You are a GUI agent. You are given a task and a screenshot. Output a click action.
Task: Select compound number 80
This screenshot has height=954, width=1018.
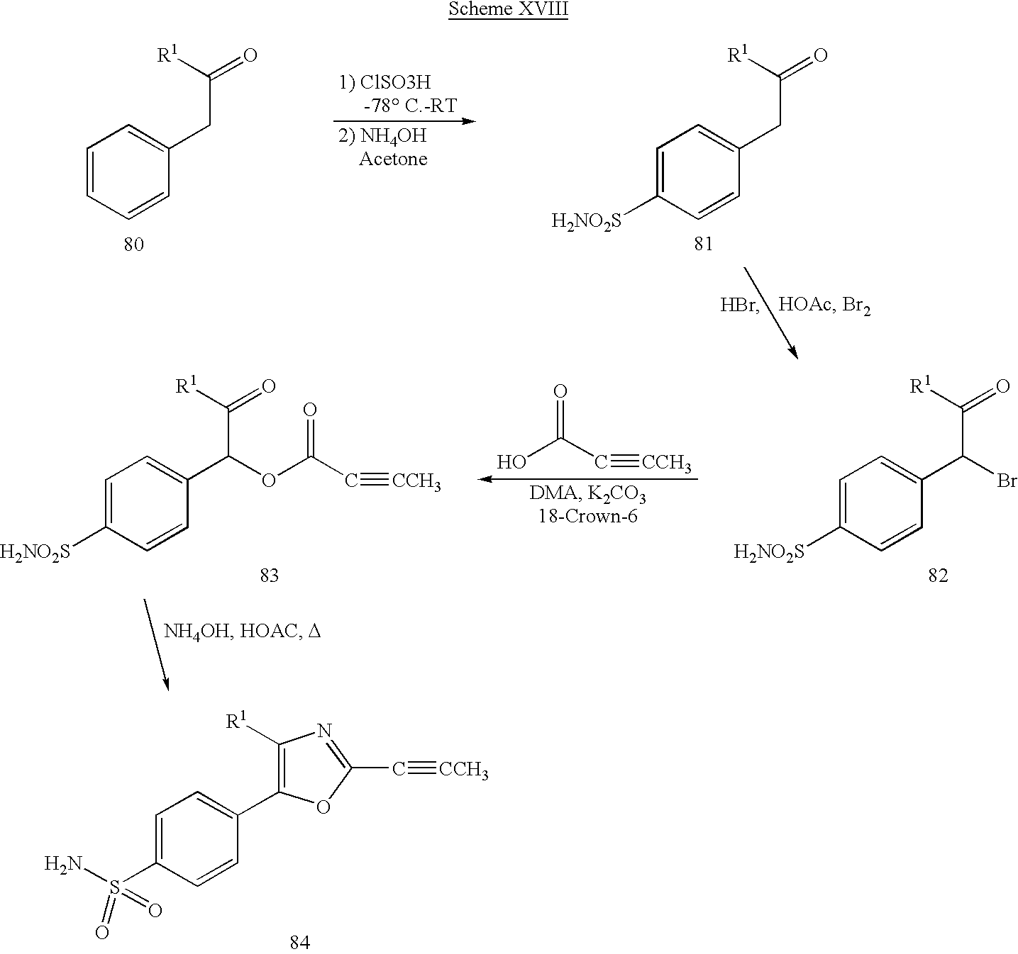(134, 245)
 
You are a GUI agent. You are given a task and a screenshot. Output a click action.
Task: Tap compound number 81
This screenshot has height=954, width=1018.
(704, 244)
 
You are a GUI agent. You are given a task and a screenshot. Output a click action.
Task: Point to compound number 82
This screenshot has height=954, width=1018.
(938, 576)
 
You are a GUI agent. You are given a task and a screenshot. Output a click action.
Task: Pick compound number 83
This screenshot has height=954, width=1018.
(269, 576)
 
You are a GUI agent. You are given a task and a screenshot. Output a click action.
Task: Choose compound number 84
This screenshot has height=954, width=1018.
(300, 942)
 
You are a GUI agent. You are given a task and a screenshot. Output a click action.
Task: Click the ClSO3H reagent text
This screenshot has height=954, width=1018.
(395, 82)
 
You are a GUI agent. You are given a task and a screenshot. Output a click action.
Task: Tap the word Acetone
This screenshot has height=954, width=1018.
(393, 159)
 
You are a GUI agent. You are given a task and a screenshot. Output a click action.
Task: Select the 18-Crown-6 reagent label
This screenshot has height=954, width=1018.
(587, 516)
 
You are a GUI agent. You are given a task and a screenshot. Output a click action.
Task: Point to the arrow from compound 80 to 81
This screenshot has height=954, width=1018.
(405, 121)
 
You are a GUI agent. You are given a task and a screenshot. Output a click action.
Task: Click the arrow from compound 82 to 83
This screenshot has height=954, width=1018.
(587, 479)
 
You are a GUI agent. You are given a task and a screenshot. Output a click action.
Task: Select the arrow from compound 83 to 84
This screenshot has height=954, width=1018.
(156, 644)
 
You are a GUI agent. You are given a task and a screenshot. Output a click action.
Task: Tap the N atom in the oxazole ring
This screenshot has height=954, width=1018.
(324, 731)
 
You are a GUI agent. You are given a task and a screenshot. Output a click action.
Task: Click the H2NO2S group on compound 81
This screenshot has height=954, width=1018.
(587, 221)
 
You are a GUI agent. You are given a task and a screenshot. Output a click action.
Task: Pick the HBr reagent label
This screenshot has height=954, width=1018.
(739, 305)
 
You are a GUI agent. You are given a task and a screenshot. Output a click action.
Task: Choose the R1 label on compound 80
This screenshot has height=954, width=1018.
(167, 54)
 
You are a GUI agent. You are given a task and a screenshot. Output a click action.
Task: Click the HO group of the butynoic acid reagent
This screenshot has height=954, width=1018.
(511, 463)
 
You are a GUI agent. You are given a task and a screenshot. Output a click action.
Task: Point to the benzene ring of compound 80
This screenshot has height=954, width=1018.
(128, 172)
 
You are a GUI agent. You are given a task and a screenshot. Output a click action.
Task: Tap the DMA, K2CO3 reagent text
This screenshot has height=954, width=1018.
(587, 494)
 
